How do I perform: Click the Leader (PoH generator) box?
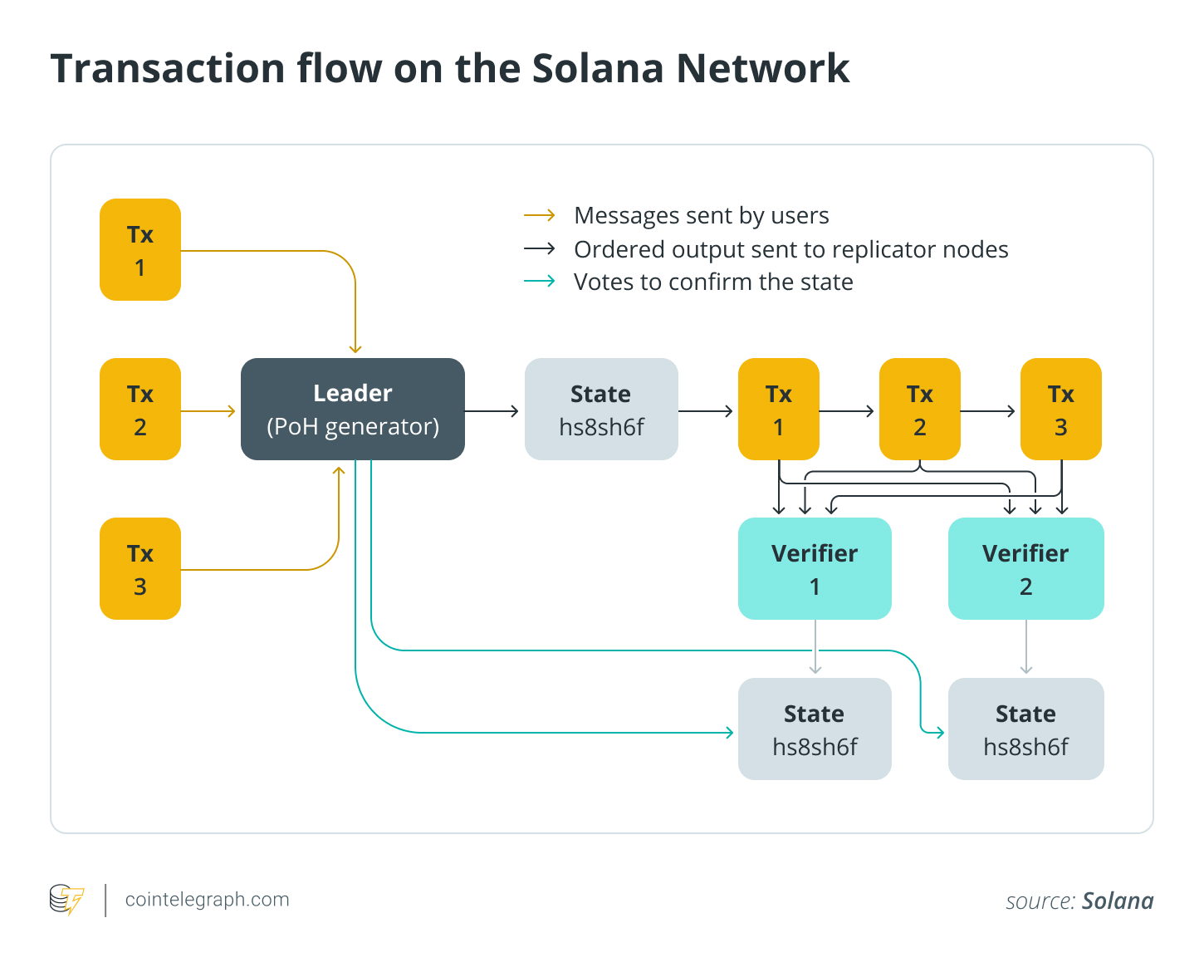[x=352, y=409]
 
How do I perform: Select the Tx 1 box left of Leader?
[x=140, y=249]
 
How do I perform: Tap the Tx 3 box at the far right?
[x=1060, y=409]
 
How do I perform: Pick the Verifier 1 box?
[x=814, y=568]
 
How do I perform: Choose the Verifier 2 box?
[x=1025, y=568]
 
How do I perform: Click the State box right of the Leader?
[x=601, y=409]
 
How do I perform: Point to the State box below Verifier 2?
[x=1025, y=729]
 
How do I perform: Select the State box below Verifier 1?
[x=814, y=729]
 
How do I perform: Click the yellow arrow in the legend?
[x=539, y=216]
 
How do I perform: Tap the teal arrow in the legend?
[x=539, y=282]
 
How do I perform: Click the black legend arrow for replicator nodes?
[x=539, y=249]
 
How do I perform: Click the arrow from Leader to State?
[x=492, y=410]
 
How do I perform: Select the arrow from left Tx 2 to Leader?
[x=208, y=410]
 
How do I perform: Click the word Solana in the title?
[x=597, y=68]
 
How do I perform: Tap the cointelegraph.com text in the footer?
[x=207, y=900]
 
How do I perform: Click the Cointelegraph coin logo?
[x=66, y=900]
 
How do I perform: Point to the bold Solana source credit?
[x=1118, y=901]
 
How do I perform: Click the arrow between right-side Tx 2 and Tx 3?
[x=988, y=410]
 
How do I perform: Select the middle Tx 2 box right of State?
[x=919, y=409]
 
